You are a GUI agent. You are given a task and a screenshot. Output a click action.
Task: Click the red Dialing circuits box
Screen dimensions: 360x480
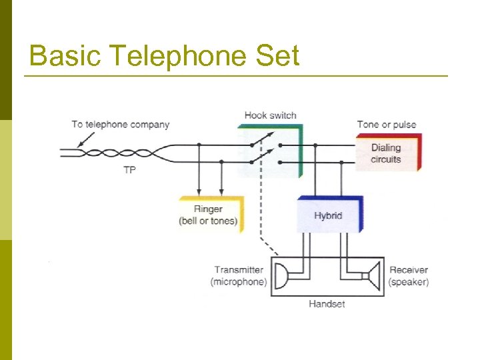[387, 153]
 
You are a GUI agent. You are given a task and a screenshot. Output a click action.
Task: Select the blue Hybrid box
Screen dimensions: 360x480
[329, 215]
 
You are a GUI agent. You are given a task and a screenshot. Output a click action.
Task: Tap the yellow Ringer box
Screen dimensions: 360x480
[209, 215]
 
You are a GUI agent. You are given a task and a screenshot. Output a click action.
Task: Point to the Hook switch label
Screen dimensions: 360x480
[270, 115]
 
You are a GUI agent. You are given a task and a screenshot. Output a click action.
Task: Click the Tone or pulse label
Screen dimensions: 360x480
[387, 125]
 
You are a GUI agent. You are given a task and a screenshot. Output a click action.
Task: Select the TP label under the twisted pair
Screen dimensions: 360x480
[129, 171]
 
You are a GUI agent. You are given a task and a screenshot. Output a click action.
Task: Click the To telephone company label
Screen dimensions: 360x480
[120, 125]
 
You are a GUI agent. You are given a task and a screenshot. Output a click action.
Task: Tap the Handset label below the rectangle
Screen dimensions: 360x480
[327, 304]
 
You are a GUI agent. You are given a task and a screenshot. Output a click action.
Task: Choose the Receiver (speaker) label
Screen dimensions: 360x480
[409, 276]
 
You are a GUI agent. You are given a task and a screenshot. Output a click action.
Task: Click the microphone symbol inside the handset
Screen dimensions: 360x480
[282, 275]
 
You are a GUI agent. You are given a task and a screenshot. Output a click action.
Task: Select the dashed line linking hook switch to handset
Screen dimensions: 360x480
[261, 213]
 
